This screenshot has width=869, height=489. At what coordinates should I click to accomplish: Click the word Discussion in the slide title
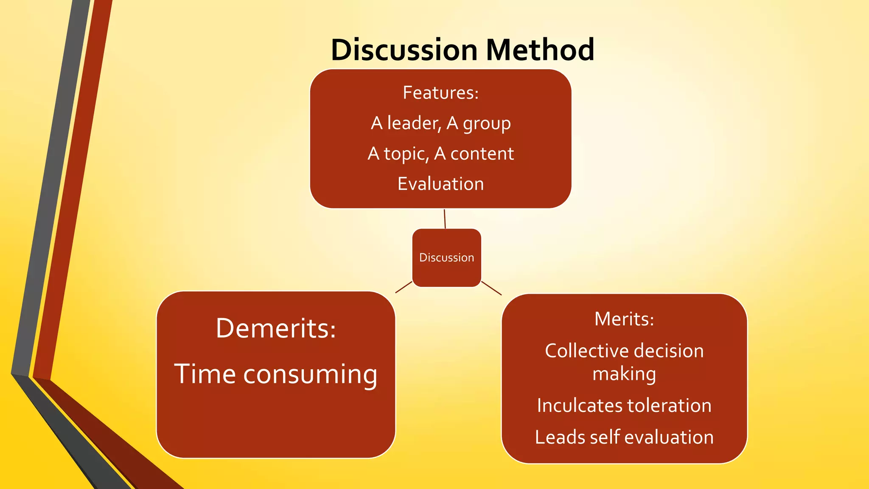(x=404, y=50)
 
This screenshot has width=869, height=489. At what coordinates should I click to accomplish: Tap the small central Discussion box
(x=446, y=258)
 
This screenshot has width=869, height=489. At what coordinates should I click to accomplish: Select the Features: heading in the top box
(x=440, y=93)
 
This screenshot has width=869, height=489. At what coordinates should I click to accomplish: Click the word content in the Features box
(x=482, y=154)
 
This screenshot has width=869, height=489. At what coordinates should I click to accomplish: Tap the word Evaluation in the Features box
(x=440, y=184)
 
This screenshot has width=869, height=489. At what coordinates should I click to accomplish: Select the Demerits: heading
(x=276, y=328)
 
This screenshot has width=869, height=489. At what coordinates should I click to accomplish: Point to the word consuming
(x=310, y=375)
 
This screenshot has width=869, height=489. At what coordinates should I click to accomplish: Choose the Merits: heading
(x=624, y=319)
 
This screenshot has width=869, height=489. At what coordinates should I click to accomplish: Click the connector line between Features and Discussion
(x=445, y=219)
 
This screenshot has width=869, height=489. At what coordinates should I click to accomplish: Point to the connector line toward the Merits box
(x=491, y=288)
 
